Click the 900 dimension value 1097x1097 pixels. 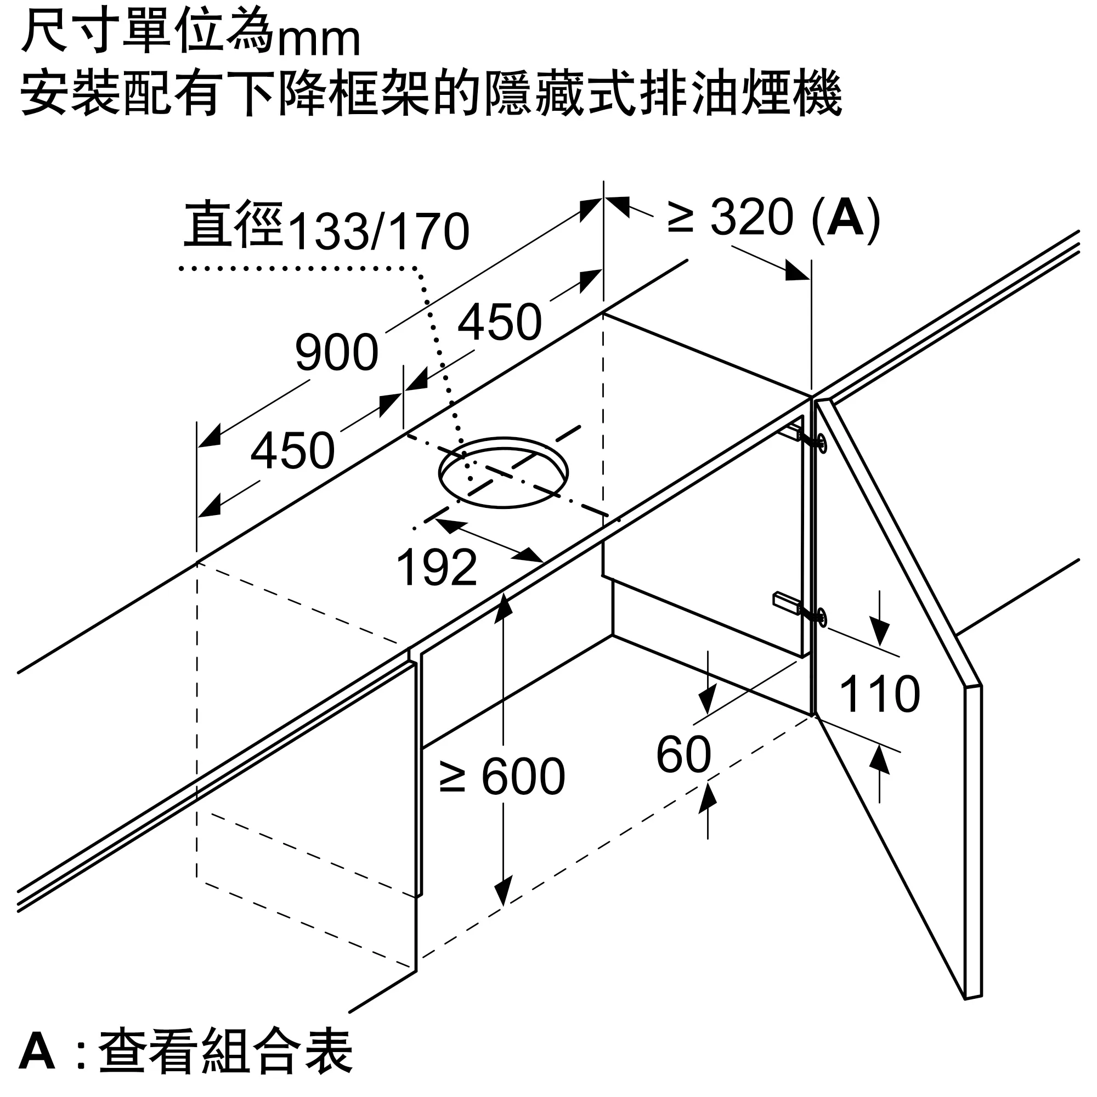click(x=337, y=352)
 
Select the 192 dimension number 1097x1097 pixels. click(x=437, y=567)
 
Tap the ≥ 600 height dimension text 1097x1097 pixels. click(x=502, y=776)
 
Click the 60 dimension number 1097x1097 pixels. click(x=683, y=755)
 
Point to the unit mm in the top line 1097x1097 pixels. click(x=319, y=39)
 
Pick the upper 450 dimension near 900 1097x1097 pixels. click(x=500, y=322)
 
